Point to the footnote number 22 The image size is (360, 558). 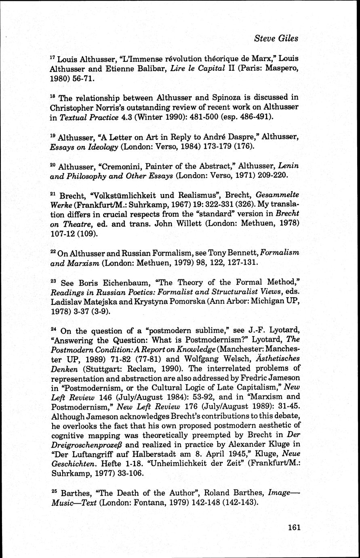point(53,252)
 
